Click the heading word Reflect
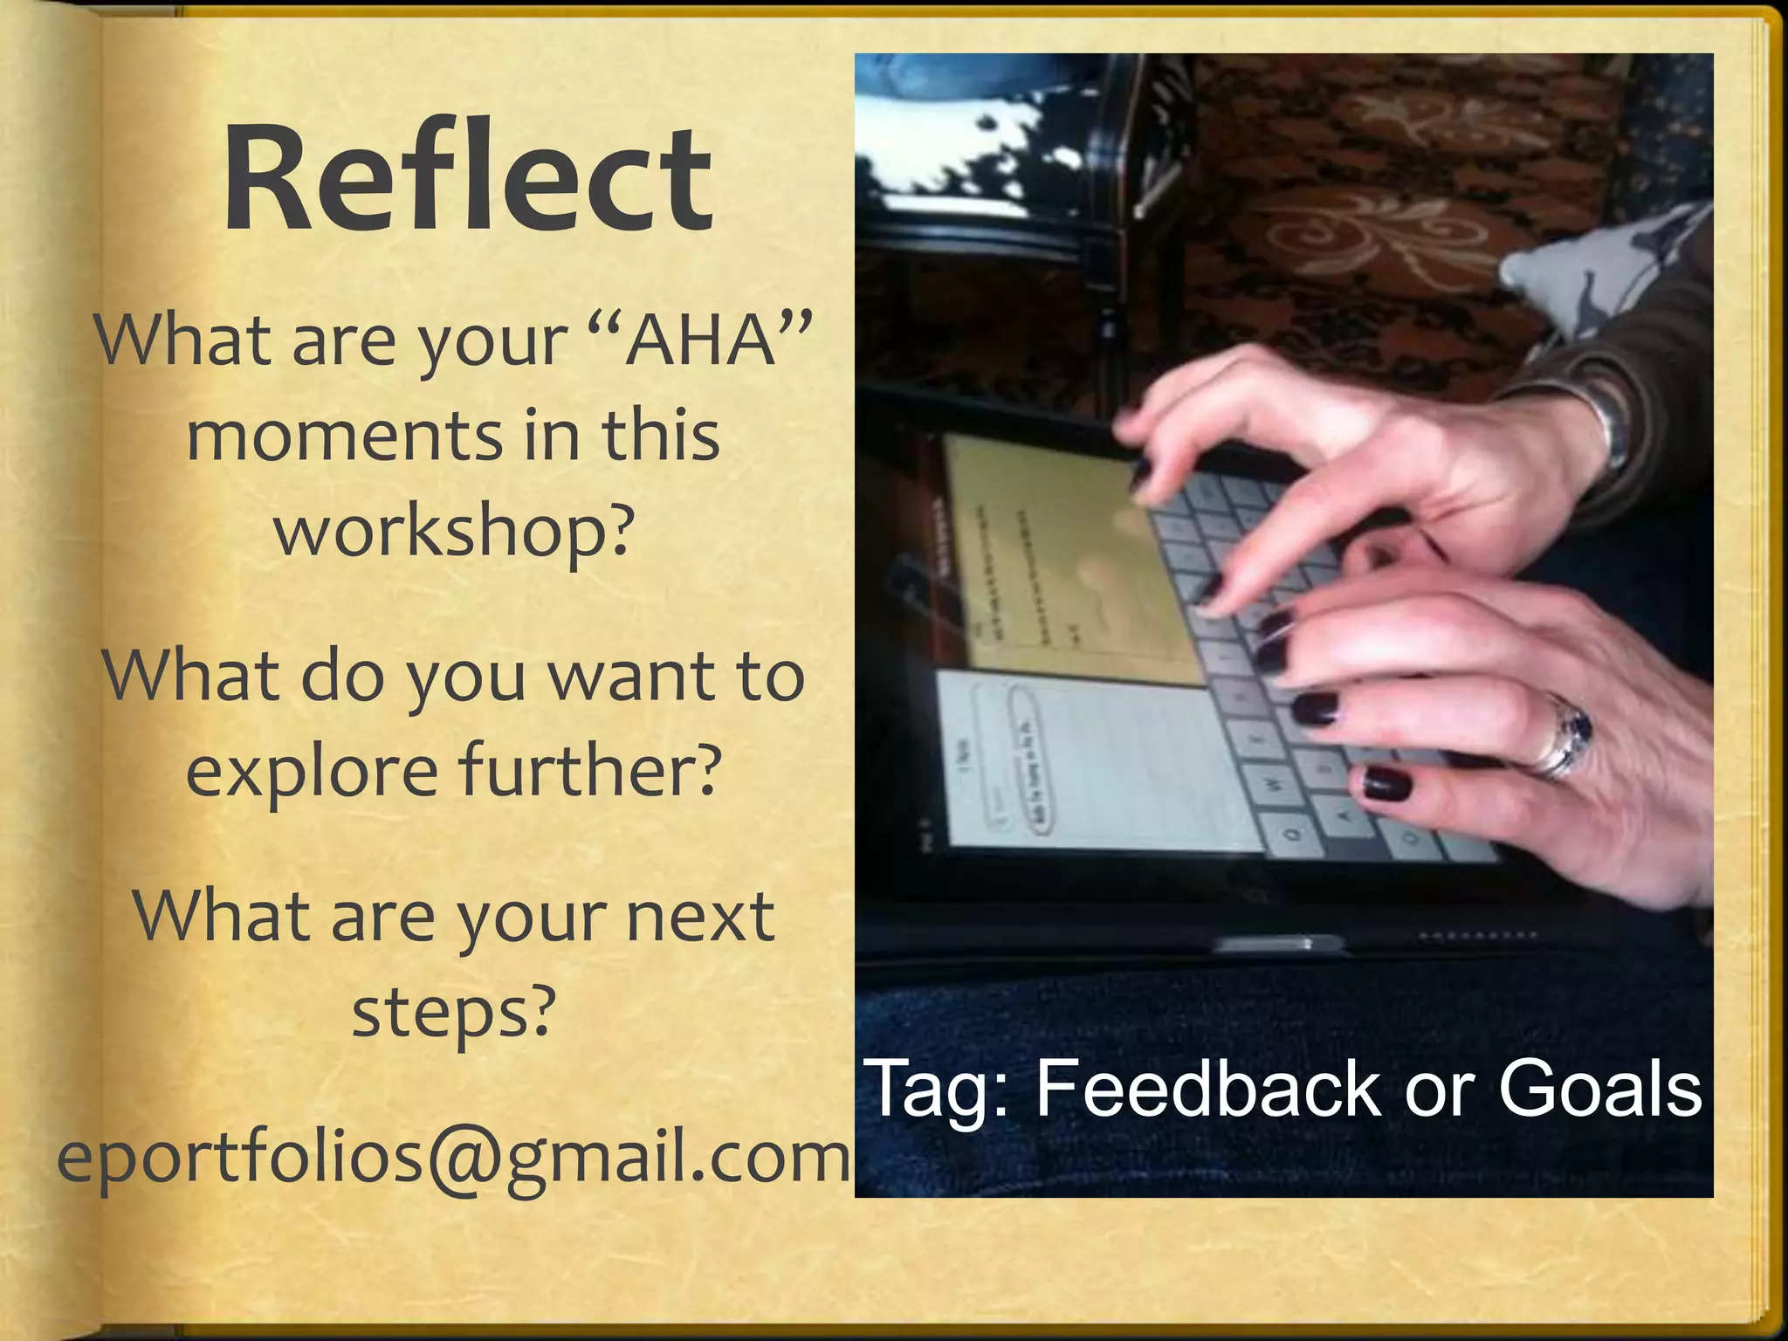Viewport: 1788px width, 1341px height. pos(468,179)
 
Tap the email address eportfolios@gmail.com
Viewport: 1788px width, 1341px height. pos(453,1157)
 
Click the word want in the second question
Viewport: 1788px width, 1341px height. pos(634,677)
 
